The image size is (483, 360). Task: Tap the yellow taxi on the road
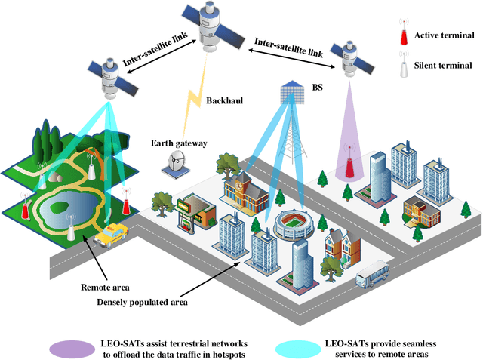pyautogui.click(x=111, y=236)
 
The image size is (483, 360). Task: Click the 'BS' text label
pyautogui.click(x=317, y=88)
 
